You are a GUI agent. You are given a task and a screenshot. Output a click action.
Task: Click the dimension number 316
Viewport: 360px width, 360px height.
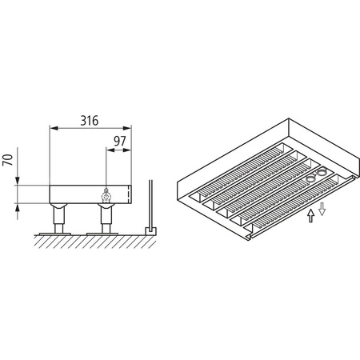(89, 121)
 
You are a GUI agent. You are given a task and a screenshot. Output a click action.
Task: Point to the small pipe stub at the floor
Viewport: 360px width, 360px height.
(149, 230)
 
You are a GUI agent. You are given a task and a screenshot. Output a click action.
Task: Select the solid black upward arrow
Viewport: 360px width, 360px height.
(310, 217)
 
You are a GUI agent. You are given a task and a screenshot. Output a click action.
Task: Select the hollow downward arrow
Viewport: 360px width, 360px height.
(321, 210)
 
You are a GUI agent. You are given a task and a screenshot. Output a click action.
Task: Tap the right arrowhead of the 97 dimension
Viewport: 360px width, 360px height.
(128, 150)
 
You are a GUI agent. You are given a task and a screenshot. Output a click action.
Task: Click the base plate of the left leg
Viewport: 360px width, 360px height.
(59, 233)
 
